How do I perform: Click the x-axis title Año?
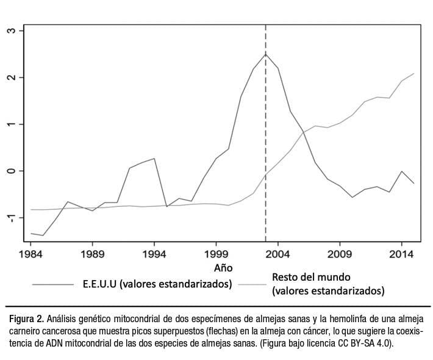[223, 268]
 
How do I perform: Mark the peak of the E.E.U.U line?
[265, 54]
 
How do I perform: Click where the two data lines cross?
[302, 132]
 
